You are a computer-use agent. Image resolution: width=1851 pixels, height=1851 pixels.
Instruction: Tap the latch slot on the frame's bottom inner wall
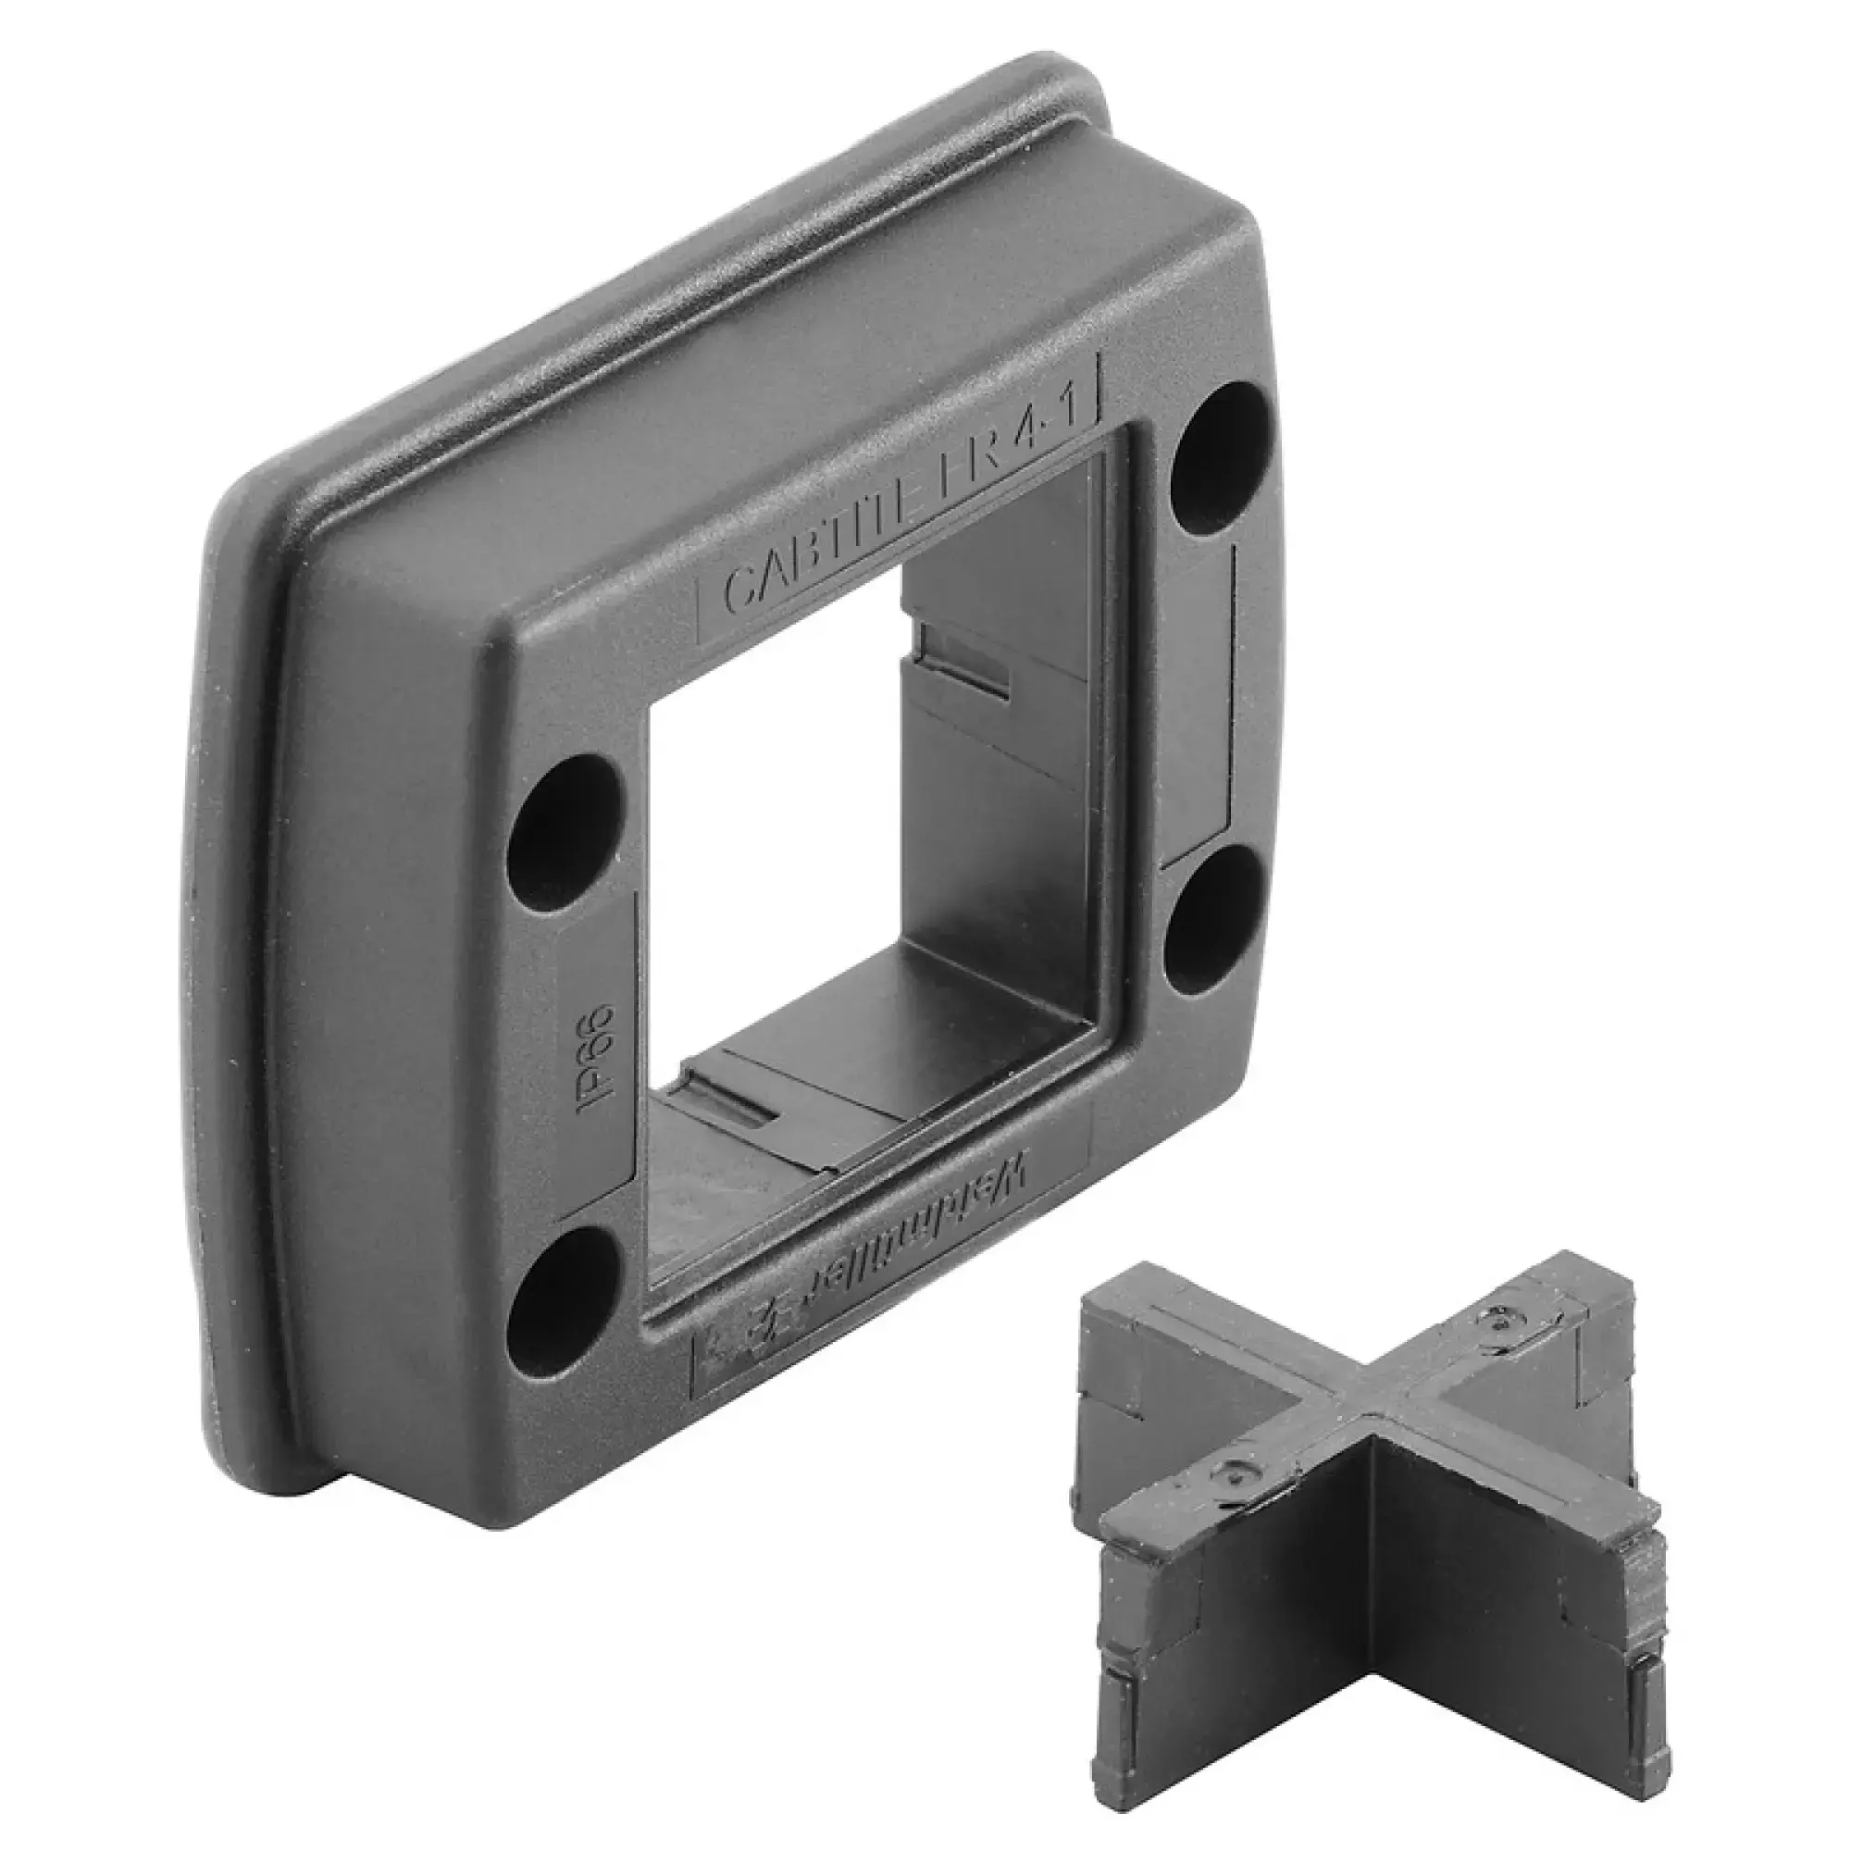(x=728, y=1101)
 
